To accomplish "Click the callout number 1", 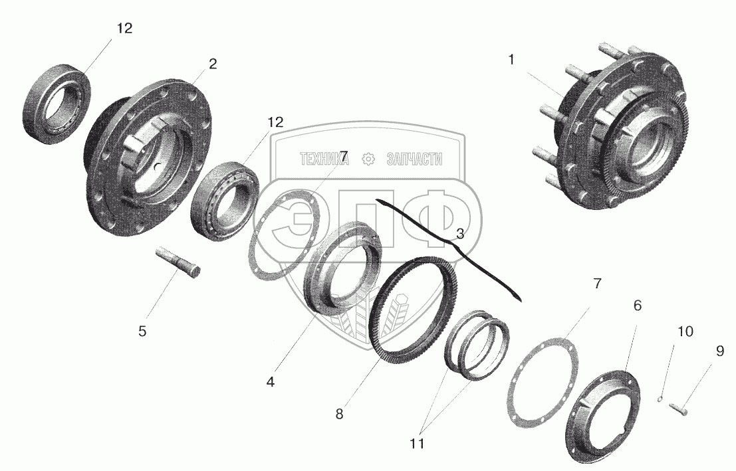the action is tap(511, 60).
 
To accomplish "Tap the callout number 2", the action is tap(213, 64).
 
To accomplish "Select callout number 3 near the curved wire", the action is tap(460, 234).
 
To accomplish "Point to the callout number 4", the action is tap(271, 382).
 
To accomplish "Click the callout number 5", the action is tap(142, 331).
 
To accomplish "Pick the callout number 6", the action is tap(637, 306).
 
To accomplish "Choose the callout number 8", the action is tap(339, 415).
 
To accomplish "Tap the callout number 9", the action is tap(719, 351).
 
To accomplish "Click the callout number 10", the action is tap(685, 331).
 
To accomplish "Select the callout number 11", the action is tap(417, 443).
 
